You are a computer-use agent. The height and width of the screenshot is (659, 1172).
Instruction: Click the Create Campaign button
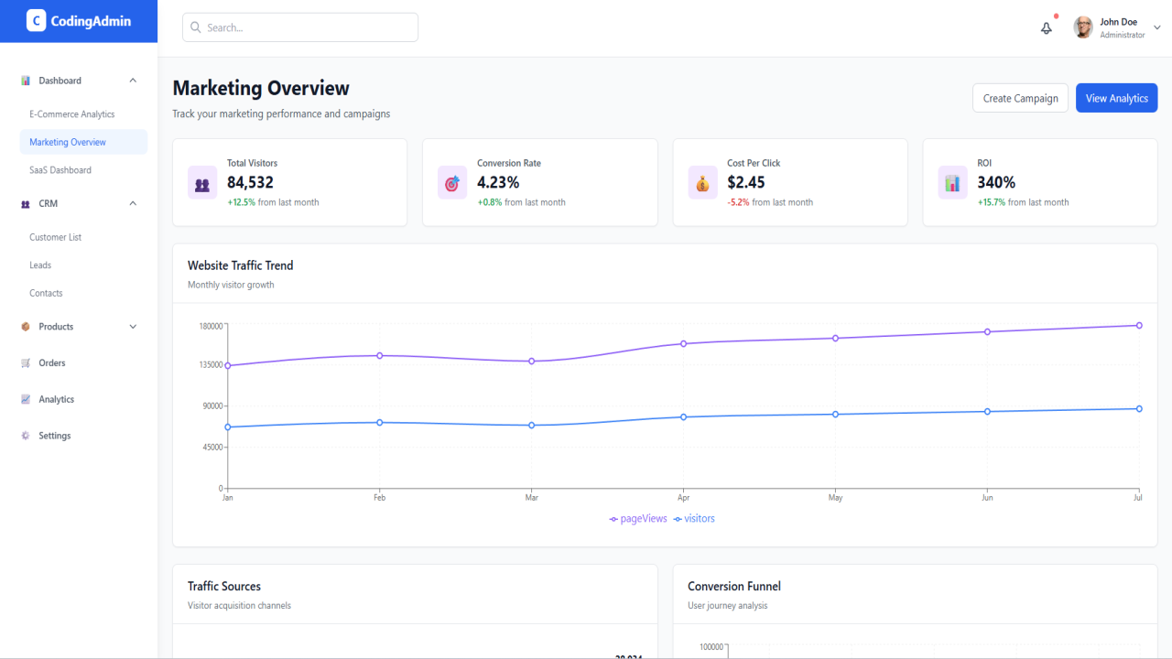tap(1020, 98)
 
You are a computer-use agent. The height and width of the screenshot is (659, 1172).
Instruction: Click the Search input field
tap(299, 27)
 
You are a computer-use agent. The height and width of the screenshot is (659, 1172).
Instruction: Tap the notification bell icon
tap(1046, 28)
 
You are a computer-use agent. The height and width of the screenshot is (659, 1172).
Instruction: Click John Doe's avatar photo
tap(1083, 27)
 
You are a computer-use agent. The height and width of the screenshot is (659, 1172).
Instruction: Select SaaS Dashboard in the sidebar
tap(60, 170)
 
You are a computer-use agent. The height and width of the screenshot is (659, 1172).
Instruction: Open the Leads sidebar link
tap(40, 265)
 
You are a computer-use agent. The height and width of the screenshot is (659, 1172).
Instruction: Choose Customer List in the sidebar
tap(56, 237)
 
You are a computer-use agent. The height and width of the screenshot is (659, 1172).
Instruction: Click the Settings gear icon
tap(25, 435)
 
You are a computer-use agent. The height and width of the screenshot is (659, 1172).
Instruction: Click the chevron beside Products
tap(133, 327)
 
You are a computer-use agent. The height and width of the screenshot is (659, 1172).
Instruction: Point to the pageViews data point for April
tap(683, 343)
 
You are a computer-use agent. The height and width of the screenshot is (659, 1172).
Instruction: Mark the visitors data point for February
tap(380, 423)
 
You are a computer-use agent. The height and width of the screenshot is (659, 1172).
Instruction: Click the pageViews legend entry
tap(638, 518)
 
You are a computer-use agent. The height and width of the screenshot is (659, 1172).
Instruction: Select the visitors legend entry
tap(694, 518)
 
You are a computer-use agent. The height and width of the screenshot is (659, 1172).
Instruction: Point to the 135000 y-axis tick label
tap(211, 364)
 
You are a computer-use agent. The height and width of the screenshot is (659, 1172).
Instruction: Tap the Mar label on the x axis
tap(532, 497)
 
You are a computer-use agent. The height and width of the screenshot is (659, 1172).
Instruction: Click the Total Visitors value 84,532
tap(250, 182)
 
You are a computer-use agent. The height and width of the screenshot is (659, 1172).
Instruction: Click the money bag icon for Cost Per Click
tap(702, 183)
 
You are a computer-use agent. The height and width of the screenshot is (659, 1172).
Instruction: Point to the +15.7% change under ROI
tap(991, 202)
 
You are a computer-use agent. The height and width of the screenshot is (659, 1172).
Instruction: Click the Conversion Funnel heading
tap(734, 587)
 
